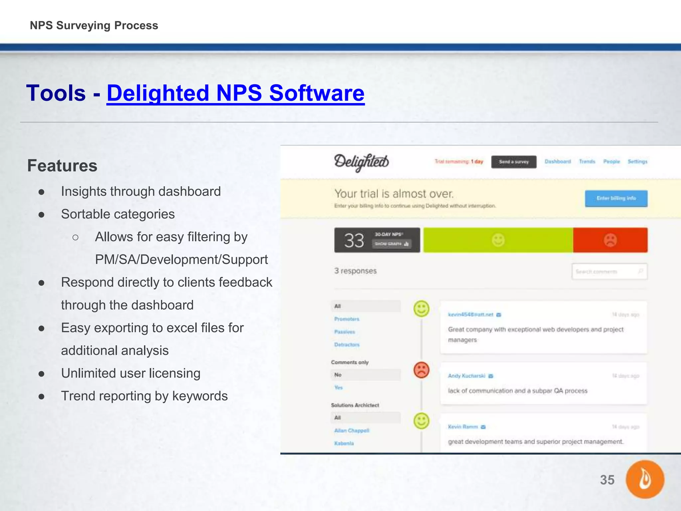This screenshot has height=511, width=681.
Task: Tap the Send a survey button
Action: pyautogui.click(x=514, y=162)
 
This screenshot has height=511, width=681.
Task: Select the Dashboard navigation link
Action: pyautogui.click(x=558, y=161)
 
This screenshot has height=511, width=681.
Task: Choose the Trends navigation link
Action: pyautogui.click(x=587, y=161)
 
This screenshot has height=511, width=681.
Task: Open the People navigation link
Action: pyautogui.click(x=612, y=161)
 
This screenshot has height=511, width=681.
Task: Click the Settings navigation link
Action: pyautogui.click(x=637, y=161)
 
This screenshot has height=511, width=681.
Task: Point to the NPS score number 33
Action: pyautogui.click(x=354, y=240)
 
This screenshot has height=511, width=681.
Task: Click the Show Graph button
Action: pyautogui.click(x=391, y=244)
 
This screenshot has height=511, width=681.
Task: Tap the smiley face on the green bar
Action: pyautogui.click(x=498, y=240)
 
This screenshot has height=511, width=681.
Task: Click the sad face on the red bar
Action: pyautogui.click(x=610, y=240)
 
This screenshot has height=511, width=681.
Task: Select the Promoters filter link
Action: pyautogui.click(x=347, y=319)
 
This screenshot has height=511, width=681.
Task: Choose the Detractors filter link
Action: pyautogui.click(x=347, y=345)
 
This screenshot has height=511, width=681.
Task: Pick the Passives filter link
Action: pyautogui.click(x=344, y=332)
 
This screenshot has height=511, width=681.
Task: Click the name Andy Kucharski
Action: pyautogui.click(x=467, y=376)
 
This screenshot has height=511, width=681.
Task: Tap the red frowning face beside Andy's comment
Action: pyautogui.click(x=421, y=370)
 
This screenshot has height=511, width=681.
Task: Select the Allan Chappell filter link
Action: pyautogui.click(x=351, y=430)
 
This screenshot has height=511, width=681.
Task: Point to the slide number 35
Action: pyautogui.click(x=607, y=480)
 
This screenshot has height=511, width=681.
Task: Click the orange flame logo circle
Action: pyautogui.click(x=645, y=479)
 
